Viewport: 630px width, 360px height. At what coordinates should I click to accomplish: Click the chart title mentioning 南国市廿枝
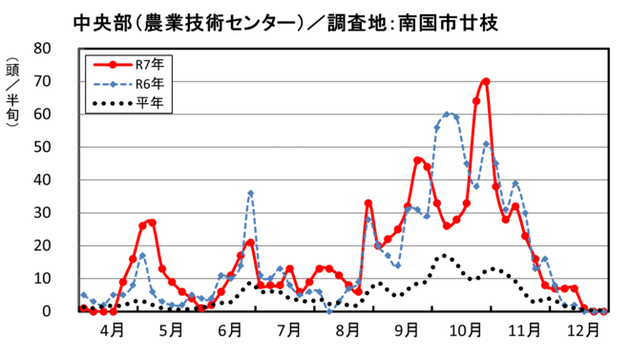[x=285, y=20]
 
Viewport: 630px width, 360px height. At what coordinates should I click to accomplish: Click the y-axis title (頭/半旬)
[x=13, y=100]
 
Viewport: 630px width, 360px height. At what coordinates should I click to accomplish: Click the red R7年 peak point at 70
[x=486, y=82]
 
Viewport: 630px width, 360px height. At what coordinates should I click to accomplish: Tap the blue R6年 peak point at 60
[x=447, y=115]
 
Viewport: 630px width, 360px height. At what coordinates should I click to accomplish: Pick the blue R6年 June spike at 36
[x=250, y=193]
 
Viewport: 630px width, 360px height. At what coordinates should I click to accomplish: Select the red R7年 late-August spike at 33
[x=368, y=203]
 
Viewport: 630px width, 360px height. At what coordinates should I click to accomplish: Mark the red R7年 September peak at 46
[x=417, y=160]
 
